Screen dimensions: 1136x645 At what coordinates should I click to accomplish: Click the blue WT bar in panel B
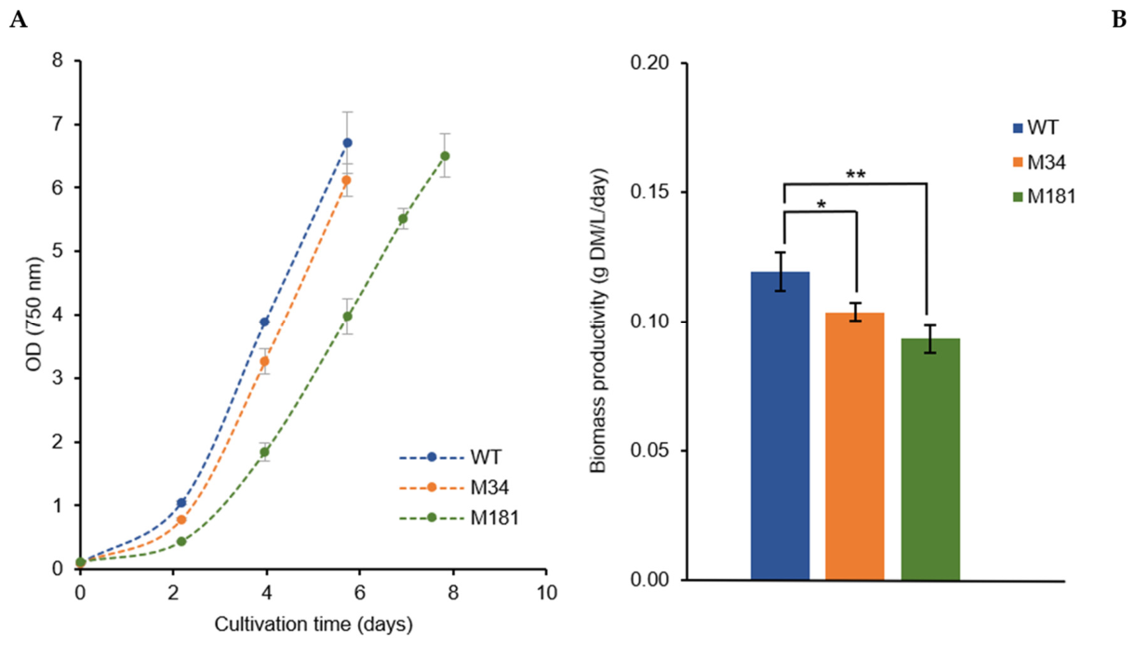pyautogui.click(x=780, y=425)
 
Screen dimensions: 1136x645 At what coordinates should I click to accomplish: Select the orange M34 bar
pyautogui.click(x=855, y=446)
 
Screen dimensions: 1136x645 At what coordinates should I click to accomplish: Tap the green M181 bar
pyautogui.click(x=930, y=459)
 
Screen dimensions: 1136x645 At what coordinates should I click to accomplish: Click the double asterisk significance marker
pyautogui.click(x=856, y=174)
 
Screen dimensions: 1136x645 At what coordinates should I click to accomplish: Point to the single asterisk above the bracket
pyautogui.click(x=822, y=204)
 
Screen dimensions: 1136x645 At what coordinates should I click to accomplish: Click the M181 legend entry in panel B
pyautogui.click(x=1044, y=197)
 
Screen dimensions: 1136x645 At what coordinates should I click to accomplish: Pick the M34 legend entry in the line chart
pyautogui.click(x=454, y=488)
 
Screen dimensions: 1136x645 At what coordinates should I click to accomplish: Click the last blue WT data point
pyautogui.click(x=347, y=142)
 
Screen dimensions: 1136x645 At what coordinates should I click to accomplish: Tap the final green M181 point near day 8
pyautogui.click(x=445, y=155)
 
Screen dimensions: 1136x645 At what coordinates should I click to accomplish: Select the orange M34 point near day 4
pyautogui.click(x=264, y=361)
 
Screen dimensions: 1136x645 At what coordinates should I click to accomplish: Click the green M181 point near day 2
pyautogui.click(x=181, y=542)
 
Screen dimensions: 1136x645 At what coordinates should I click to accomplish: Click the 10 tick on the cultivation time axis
pyautogui.click(x=546, y=593)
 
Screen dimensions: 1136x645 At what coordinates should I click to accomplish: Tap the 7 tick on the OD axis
pyautogui.click(x=58, y=125)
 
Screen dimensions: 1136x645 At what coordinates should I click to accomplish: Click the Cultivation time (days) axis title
pyautogui.click(x=314, y=625)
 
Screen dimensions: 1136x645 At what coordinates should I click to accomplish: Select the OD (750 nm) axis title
pyautogui.click(x=34, y=315)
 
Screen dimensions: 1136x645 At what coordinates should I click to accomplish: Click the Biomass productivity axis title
pyautogui.click(x=598, y=321)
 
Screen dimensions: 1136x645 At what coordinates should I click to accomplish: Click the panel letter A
pyautogui.click(x=19, y=20)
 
